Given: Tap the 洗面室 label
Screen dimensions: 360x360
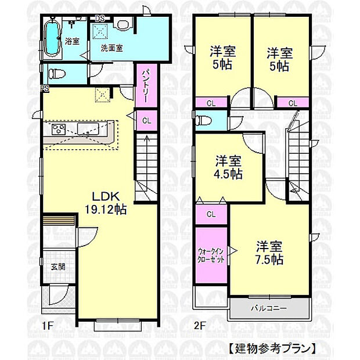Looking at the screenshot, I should pos(111,48).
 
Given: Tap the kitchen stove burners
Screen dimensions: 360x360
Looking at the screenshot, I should pos(59,129).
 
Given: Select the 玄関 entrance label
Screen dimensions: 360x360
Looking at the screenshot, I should pos(57,267).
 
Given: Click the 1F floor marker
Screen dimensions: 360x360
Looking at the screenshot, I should pos(47,326).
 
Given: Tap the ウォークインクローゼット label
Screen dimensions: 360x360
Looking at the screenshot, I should pos(211,256).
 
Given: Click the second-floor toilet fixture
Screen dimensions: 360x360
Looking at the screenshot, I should pos(203,121).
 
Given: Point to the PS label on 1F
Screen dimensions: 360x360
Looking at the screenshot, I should pos(44,88).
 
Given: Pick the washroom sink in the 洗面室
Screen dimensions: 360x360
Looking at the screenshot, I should pos(121,24).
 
